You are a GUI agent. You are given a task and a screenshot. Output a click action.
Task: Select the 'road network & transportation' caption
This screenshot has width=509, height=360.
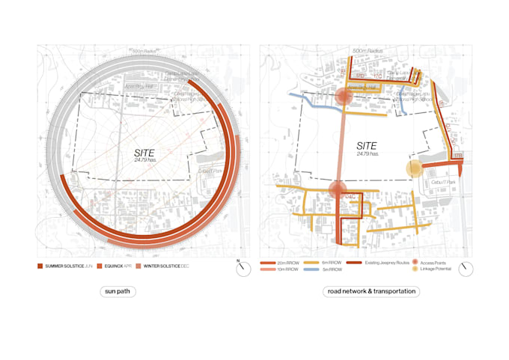click(370, 291)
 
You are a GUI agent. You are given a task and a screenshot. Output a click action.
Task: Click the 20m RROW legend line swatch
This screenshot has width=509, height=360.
click(269, 263)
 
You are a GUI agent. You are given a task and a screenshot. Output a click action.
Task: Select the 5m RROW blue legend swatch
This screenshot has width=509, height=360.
click(316, 269)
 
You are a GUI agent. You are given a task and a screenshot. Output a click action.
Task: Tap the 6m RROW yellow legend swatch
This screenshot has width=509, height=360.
click(316, 263)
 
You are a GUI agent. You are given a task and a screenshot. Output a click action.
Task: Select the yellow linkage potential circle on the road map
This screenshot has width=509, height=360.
click(414, 168)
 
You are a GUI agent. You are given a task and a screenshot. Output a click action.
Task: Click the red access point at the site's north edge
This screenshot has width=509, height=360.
click(344, 97)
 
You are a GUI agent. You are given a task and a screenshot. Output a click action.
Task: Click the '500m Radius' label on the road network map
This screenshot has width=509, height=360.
click(367, 51)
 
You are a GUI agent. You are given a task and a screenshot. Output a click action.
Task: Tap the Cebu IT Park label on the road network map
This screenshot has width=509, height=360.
click(438, 182)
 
